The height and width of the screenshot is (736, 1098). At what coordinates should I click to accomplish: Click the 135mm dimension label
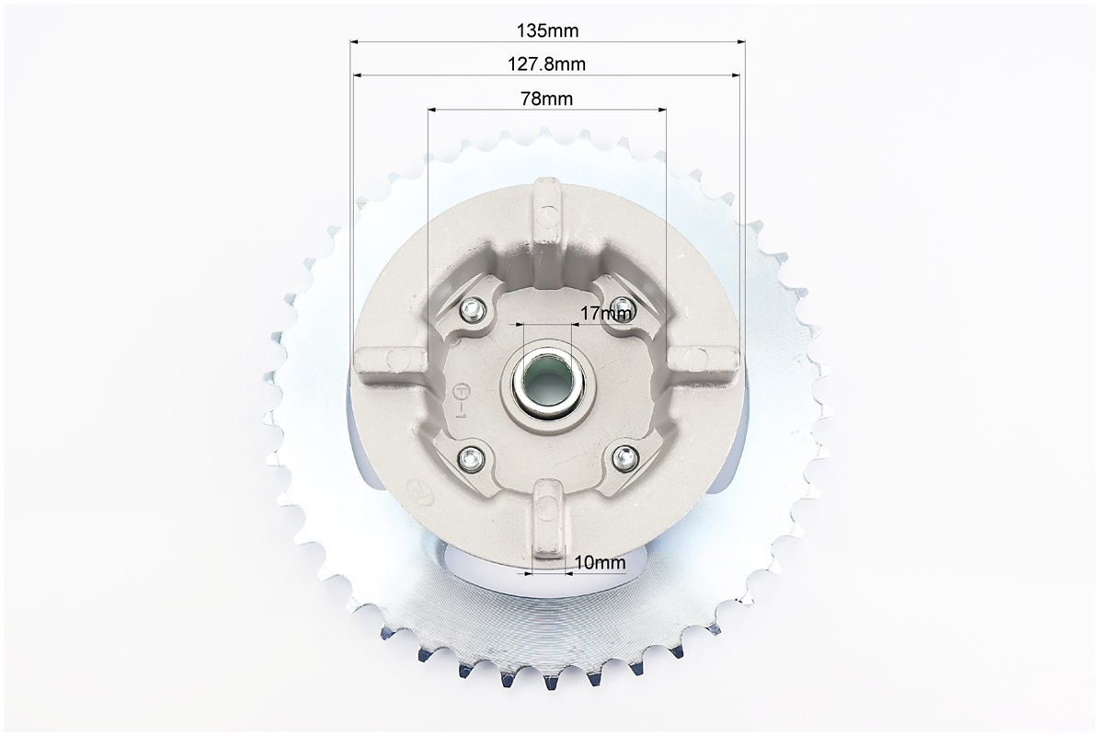coord(547,30)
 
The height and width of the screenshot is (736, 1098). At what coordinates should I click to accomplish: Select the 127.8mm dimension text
coord(546,64)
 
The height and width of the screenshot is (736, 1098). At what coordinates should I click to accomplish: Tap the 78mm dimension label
coord(547,98)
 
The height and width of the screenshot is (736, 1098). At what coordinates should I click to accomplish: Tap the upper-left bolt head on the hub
coord(475,307)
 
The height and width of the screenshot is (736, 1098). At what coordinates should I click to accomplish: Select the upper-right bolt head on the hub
coord(622,306)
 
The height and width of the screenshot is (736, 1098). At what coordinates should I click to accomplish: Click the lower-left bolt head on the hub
coord(471,459)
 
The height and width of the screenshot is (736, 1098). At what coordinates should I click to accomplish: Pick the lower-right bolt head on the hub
coord(623,458)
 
